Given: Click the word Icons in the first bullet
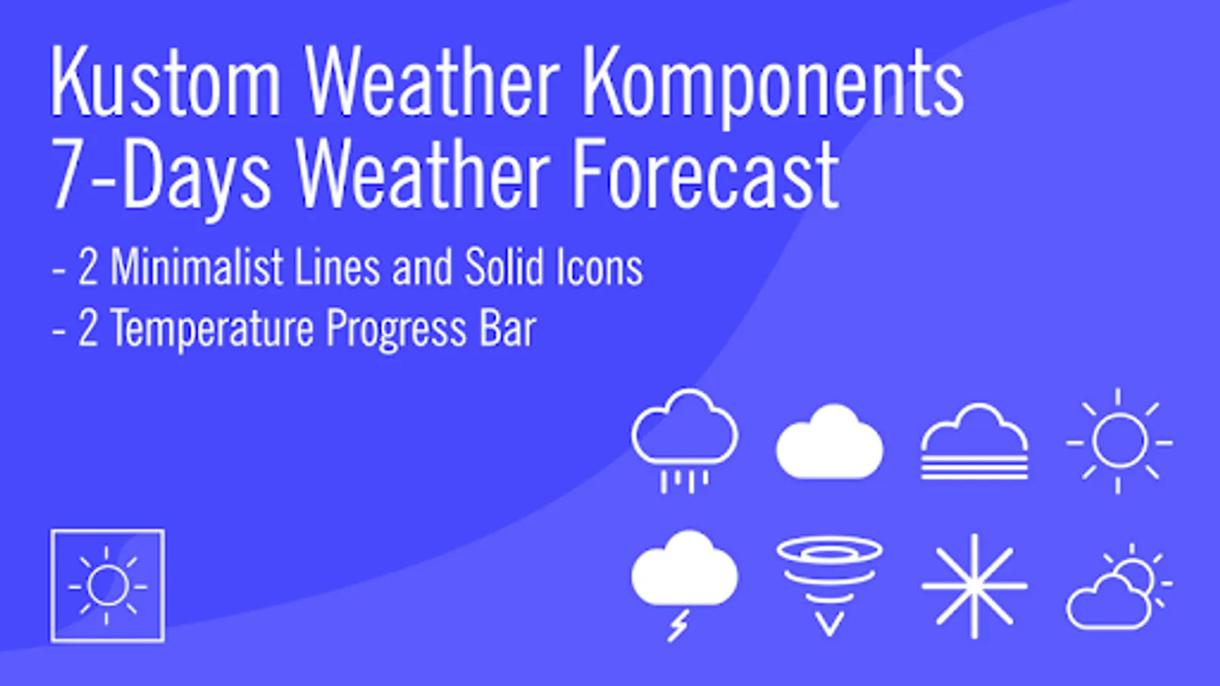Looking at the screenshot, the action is tap(599, 268).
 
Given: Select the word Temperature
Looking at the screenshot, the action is tap(213, 329).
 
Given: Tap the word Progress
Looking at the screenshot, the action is tap(396, 330).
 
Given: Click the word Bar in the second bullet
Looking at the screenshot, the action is tap(508, 328).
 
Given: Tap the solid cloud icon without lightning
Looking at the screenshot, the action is tap(830, 441).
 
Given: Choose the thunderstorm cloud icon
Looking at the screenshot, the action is tap(685, 585).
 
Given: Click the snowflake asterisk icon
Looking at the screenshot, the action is tap(974, 586).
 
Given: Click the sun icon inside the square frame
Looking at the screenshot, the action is tap(108, 586).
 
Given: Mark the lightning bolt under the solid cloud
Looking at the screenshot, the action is tap(679, 626).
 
